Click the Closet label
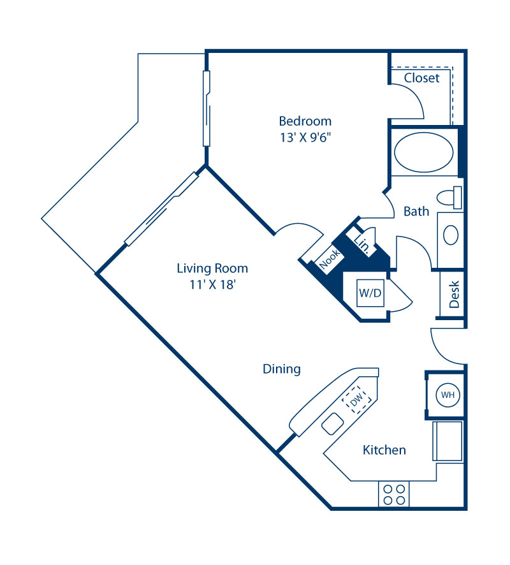click(422, 78)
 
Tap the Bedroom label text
click(305, 121)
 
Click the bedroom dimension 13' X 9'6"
click(305, 136)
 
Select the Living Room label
click(212, 268)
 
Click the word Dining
click(282, 369)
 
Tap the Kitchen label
click(384, 450)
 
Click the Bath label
click(416, 211)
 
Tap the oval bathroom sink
click(451, 235)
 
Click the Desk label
click(455, 295)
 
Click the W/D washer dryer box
click(370, 294)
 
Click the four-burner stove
click(393, 494)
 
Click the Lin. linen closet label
click(363, 243)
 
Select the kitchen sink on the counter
click(332, 423)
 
